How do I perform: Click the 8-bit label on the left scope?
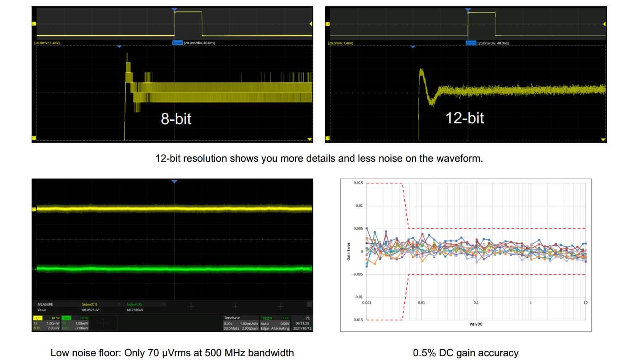pos(176,119)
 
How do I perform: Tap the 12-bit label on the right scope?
pos(465,118)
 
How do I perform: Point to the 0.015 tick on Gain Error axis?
pos(358,183)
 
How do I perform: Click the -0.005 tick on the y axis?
pos(357,274)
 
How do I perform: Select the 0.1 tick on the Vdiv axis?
pos(476,303)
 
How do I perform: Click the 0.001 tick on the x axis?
pos(367,303)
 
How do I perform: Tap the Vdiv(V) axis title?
pos(476,324)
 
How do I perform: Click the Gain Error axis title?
pos(349,251)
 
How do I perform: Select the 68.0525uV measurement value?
pos(90,310)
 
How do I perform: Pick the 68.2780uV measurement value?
pos(135,310)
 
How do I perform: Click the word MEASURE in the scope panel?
pos(45,304)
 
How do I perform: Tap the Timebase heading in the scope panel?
pos(232,318)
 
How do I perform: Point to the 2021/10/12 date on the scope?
pos(302,328)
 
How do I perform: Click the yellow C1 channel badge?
pos(37,318)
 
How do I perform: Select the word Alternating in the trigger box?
pos(280,328)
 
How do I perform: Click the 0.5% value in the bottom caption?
pos(425,353)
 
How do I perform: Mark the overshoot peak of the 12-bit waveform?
pos(420,69)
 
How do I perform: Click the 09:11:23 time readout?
pos(302,323)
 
